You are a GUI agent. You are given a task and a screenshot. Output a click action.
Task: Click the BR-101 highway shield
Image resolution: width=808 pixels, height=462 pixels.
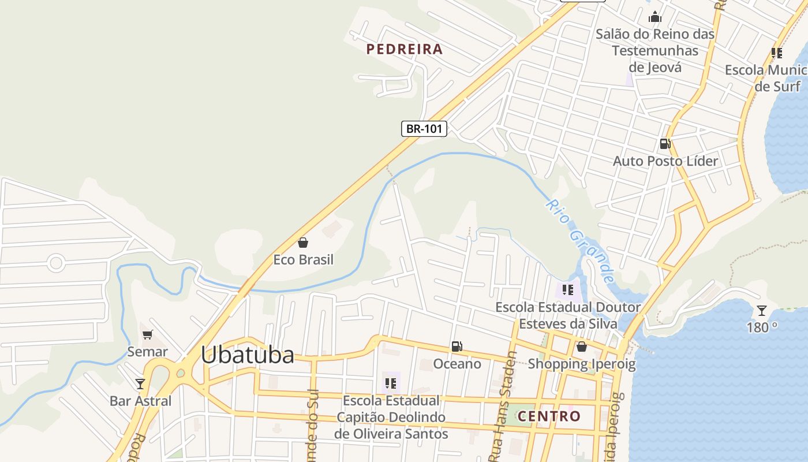tap(424, 128)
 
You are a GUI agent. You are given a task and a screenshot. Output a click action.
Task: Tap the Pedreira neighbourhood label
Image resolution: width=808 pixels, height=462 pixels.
tap(405, 49)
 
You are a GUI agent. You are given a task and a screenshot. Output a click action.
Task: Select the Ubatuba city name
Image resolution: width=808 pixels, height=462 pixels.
tap(248, 355)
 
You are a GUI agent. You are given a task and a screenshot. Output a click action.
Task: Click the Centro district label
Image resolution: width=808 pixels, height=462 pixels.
tap(549, 416)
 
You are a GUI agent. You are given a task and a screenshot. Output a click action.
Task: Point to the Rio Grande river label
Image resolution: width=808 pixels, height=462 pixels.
tap(581, 241)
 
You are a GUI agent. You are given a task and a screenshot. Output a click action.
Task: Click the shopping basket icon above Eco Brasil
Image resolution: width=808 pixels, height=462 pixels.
tap(303, 243)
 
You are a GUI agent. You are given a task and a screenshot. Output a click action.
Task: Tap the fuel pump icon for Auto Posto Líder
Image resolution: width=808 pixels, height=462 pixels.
tap(665, 144)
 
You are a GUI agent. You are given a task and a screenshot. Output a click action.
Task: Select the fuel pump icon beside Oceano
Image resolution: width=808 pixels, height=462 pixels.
tap(457, 346)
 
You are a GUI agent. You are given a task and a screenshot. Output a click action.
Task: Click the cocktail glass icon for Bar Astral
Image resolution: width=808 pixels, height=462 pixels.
tap(140, 383)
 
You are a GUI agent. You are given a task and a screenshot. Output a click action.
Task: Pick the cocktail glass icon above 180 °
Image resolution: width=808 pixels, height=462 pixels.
tap(762, 311)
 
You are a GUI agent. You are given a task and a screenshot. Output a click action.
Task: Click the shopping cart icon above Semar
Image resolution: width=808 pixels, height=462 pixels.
tap(148, 334)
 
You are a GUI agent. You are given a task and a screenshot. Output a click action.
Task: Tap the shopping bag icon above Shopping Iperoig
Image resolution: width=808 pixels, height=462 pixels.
tap(582, 346)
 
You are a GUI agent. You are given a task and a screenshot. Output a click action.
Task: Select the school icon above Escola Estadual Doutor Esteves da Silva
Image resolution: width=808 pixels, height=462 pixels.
tap(567, 290)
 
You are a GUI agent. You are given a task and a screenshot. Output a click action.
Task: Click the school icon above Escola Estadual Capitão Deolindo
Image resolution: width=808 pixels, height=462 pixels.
tap(391, 383)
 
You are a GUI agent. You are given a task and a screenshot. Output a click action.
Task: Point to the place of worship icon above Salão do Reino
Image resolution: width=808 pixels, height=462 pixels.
tap(654, 17)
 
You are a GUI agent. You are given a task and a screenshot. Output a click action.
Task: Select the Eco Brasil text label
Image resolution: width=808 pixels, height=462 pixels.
tap(303, 259)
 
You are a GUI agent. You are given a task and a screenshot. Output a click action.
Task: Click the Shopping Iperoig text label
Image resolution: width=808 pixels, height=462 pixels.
tap(581, 364)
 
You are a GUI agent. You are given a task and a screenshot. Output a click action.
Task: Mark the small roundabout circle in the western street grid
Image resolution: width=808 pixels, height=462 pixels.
tap(56, 263)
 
